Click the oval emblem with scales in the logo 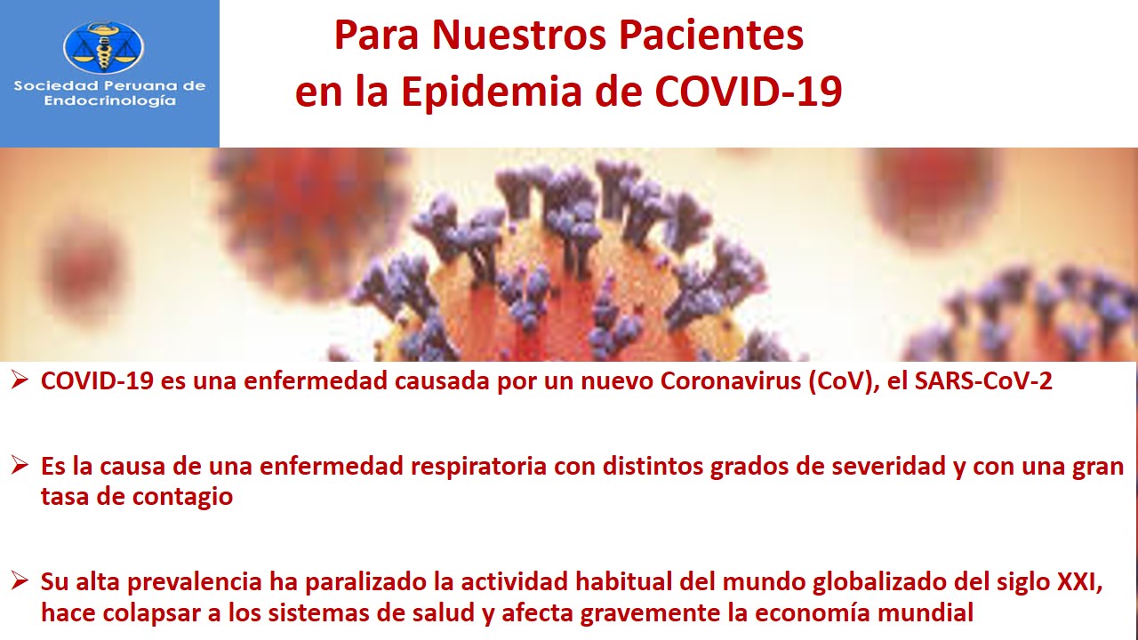104,48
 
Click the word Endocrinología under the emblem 109,100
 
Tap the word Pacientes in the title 711,36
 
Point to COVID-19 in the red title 749,92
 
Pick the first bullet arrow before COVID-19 20,380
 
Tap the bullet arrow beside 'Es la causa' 20,465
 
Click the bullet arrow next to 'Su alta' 20,580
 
